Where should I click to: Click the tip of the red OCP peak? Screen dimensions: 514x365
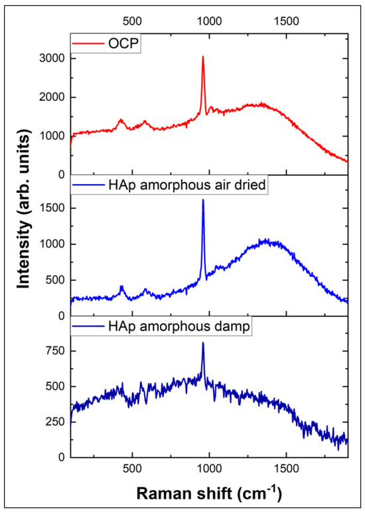click(x=202, y=57)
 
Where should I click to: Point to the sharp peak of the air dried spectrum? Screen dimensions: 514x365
click(x=202, y=200)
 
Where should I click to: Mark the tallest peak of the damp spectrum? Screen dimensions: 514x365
click(x=202, y=343)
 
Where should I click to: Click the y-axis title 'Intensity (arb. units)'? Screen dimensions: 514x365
click(x=25, y=246)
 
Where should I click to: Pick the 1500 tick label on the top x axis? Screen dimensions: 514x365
click(x=286, y=21)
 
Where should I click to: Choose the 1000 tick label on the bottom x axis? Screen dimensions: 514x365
click(x=209, y=469)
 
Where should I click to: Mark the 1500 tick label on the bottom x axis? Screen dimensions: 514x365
click(x=286, y=469)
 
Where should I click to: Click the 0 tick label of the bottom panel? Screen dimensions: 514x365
click(x=60, y=457)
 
